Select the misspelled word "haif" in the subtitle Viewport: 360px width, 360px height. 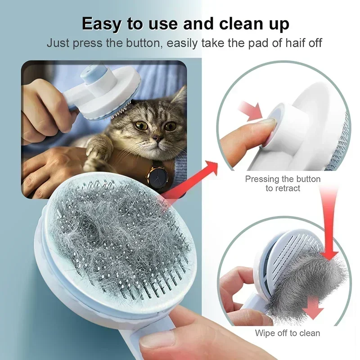285,44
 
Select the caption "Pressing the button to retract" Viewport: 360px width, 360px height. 283,184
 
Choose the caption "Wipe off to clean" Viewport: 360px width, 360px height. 288,333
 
